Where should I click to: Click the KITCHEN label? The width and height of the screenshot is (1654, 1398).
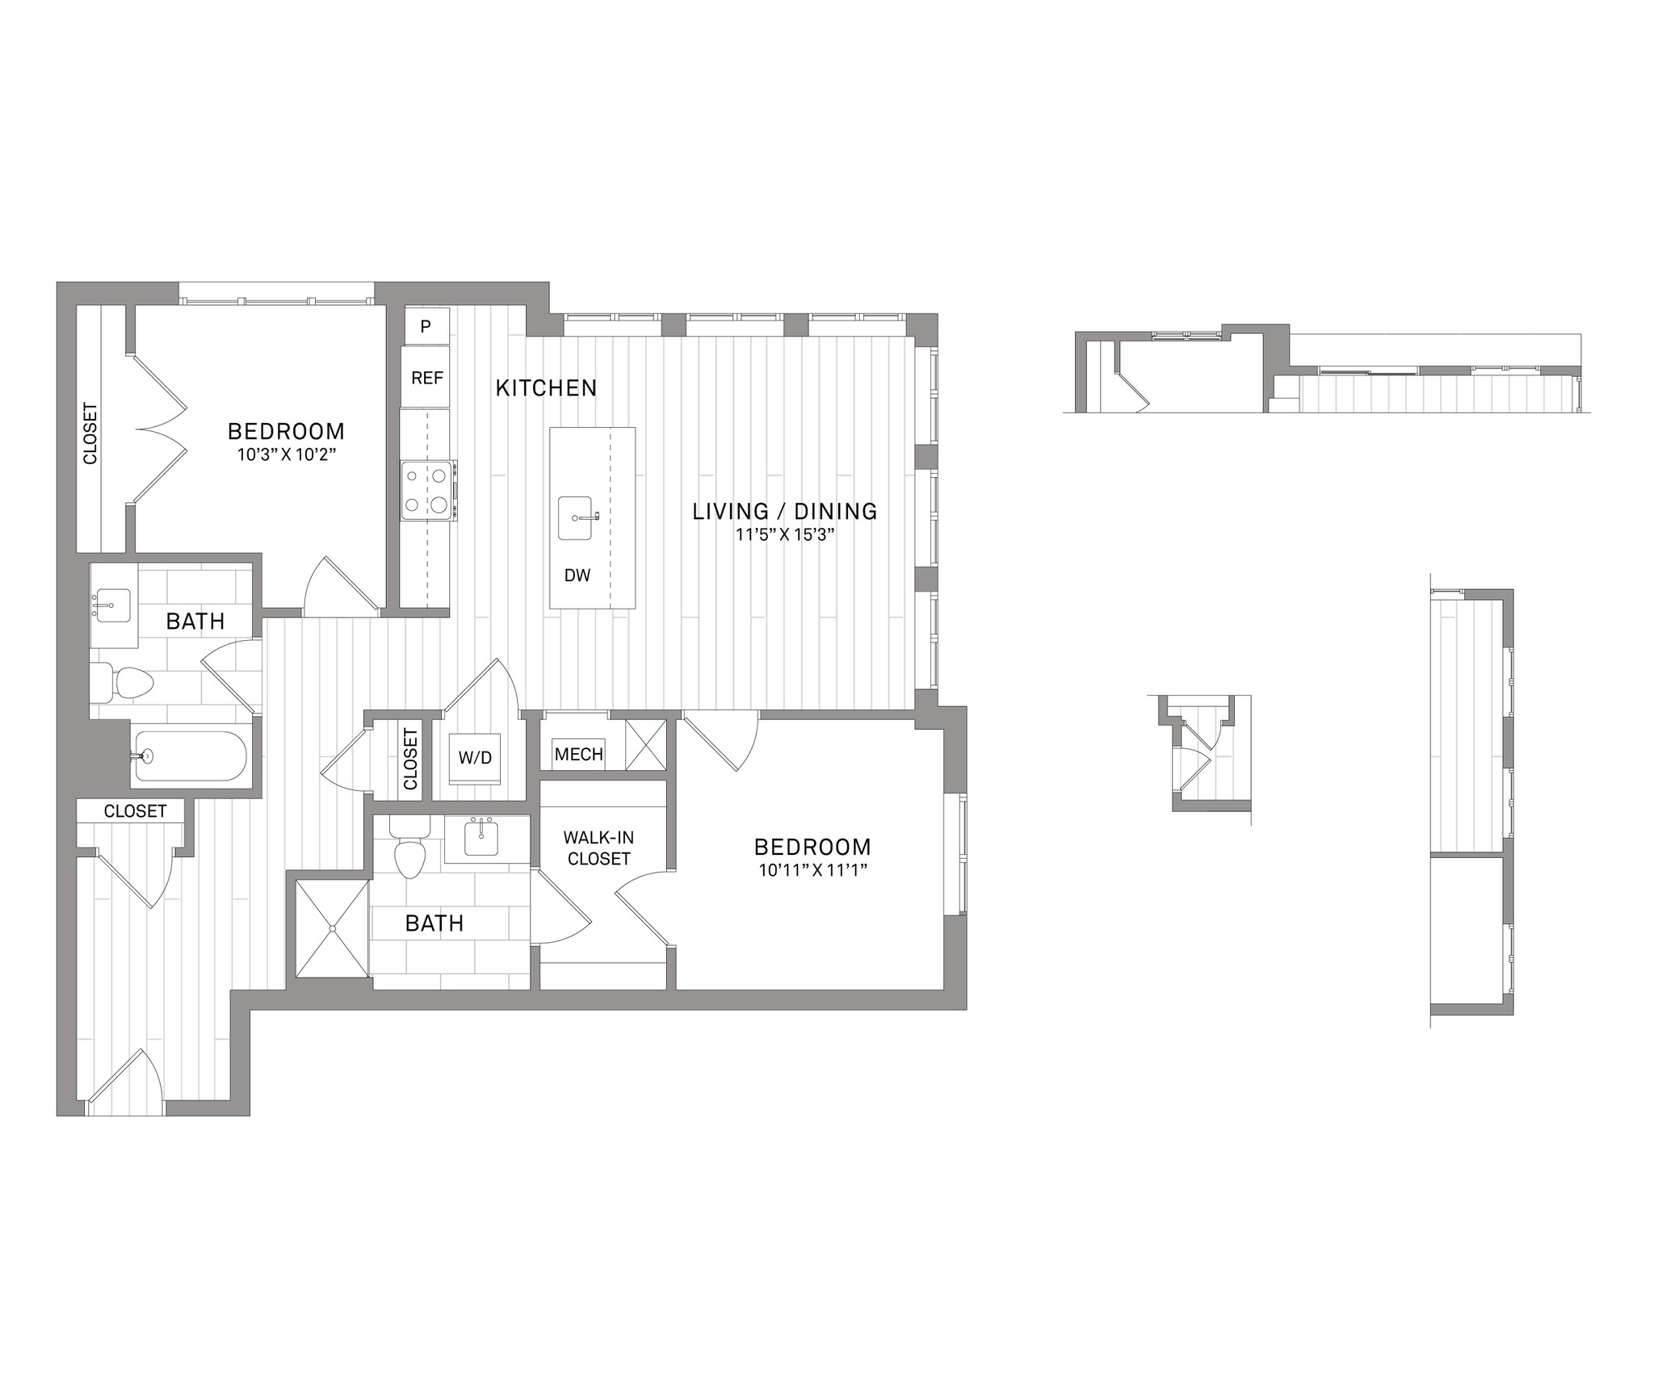(546, 388)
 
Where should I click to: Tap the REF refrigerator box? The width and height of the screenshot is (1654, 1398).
(426, 377)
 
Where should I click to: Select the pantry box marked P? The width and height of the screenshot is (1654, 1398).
(426, 326)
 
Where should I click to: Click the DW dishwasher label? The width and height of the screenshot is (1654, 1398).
(577, 576)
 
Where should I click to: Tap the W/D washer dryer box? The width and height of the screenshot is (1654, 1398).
(475, 759)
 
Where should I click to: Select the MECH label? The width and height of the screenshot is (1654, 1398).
(579, 755)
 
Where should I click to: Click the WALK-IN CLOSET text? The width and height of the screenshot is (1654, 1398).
(598, 848)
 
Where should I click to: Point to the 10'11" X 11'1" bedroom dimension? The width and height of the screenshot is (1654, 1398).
(812, 870)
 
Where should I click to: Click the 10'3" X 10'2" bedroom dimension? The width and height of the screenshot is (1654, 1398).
(286, 454)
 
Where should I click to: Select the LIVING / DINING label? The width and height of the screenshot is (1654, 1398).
(785, 512)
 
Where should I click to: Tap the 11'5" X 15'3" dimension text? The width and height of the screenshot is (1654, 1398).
(785, 534)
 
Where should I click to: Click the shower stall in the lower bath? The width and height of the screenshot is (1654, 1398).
(332, 928)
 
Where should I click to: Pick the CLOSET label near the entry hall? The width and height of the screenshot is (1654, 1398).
(135, 811)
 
